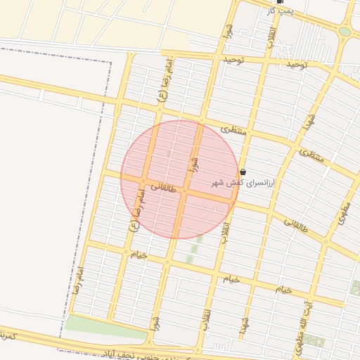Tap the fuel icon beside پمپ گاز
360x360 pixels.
click(x=281, y=2)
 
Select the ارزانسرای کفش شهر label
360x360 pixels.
click(x=245, y=183)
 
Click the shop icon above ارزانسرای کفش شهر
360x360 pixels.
click(x=243, y=172)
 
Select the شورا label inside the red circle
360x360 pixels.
click(x=193, y=165)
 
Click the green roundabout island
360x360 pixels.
click(x=345, y=32)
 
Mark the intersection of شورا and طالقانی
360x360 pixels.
click(x=185, y=191)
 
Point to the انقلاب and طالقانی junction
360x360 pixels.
click(x=233, y=202)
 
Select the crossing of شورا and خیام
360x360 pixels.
click(x=168, y=263)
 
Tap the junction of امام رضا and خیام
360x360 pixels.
click(x=125, y=252)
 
